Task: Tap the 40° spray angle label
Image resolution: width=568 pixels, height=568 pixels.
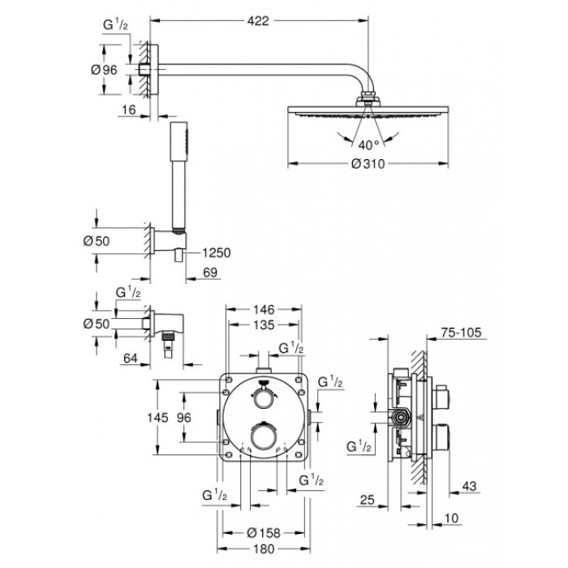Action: click(368, 145)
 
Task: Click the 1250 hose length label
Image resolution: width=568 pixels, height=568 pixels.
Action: click(216, 253)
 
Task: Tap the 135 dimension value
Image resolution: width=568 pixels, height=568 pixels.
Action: click(263, 326)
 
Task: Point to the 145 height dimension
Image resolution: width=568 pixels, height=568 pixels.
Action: click(158, 417)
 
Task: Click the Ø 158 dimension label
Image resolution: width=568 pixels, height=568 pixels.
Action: click(265, 532)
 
